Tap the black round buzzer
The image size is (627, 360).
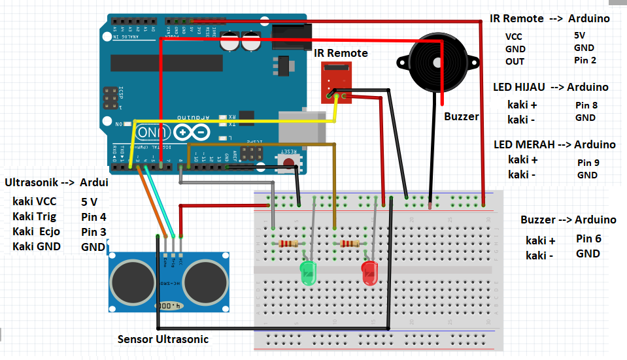(436, 61)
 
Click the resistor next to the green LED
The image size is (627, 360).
(289, 244)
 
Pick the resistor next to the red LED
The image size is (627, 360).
(350, 244)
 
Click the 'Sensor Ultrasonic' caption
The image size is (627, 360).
(163, 339)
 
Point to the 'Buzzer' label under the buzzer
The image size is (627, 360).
(461, 117)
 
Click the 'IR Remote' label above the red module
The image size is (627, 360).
(341, 53)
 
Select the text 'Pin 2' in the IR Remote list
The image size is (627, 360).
(585, 60)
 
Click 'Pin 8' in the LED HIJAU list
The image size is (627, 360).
(586, 105)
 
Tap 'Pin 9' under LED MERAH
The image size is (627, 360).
(588, 162)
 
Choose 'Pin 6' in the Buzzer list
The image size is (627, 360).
(588, 239)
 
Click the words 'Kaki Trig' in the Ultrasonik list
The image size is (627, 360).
(34, 216)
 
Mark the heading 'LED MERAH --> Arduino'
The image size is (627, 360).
(554, 144)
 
